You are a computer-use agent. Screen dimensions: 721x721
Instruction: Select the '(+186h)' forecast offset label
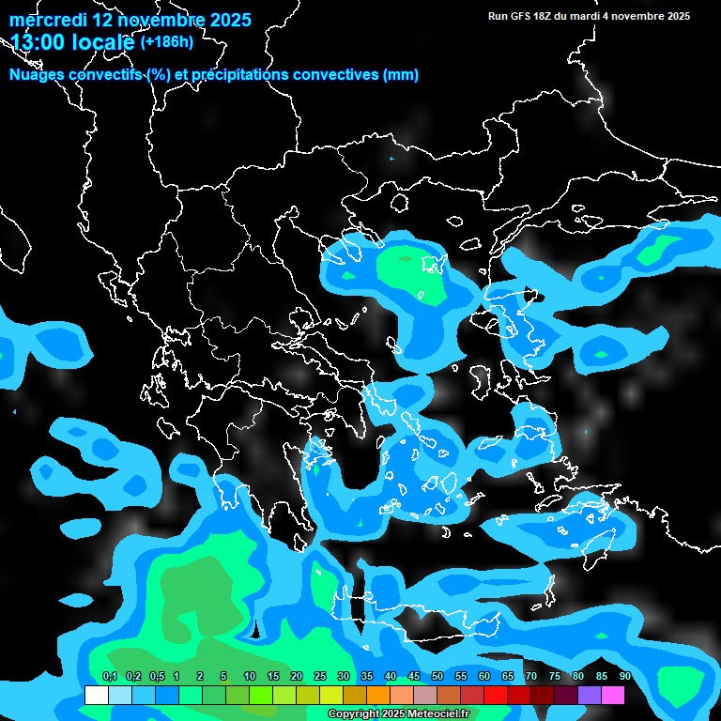166,41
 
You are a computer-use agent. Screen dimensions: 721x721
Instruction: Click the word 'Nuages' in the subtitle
38,75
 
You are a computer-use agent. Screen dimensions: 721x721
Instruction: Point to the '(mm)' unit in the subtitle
401,75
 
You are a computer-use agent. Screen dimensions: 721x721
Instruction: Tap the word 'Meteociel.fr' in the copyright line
438,714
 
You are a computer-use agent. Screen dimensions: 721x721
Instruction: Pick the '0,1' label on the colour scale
109,677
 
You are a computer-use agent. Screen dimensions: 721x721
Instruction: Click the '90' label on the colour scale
625,677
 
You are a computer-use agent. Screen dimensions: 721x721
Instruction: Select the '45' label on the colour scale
414,677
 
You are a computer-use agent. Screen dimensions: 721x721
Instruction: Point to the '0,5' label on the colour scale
157,677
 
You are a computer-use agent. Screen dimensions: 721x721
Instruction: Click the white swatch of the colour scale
96,696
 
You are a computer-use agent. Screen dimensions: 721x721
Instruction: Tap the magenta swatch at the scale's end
612,696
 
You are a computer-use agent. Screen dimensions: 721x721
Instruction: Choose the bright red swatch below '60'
495,696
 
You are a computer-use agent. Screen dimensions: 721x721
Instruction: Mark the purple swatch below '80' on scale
589,696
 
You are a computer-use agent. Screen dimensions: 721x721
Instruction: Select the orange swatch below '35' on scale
377,696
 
